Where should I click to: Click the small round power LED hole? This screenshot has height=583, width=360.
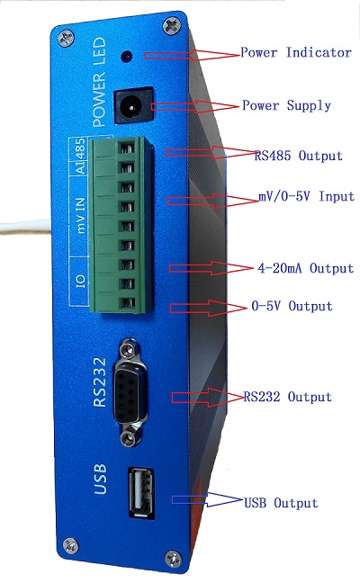(x=127, y=57)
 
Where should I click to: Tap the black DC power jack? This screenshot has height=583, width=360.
(x=133, y=106)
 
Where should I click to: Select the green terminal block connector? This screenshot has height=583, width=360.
(x=121, y=225)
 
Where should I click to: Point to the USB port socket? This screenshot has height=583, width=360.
(x=141, y=492)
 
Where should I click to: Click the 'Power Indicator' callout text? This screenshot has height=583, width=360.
(x=296, y=52)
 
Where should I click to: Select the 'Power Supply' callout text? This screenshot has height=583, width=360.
(x=287, y=105)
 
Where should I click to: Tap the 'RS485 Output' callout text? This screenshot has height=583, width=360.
(x=298, y=156)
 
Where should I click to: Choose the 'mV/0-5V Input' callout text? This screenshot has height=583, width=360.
(x=307, y=196)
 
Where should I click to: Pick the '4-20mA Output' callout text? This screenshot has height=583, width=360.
(x=305, y=268)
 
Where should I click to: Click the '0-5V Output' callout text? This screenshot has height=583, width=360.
(x=292, y=306)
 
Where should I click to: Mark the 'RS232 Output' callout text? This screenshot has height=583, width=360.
(x=287, y=397)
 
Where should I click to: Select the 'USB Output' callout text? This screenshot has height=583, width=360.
(x=281, y=503)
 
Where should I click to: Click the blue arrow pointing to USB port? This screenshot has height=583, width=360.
(x=208, y=500)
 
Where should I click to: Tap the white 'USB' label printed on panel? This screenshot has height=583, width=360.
(x=100, y=480)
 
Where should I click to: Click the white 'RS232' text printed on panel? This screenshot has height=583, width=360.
(x=100, y=382)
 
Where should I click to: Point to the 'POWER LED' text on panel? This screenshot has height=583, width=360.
(x=99, y=82)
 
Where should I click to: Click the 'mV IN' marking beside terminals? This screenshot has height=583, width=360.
(x=80, y=215)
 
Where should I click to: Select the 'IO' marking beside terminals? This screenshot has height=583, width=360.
(x=80, y=281)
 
